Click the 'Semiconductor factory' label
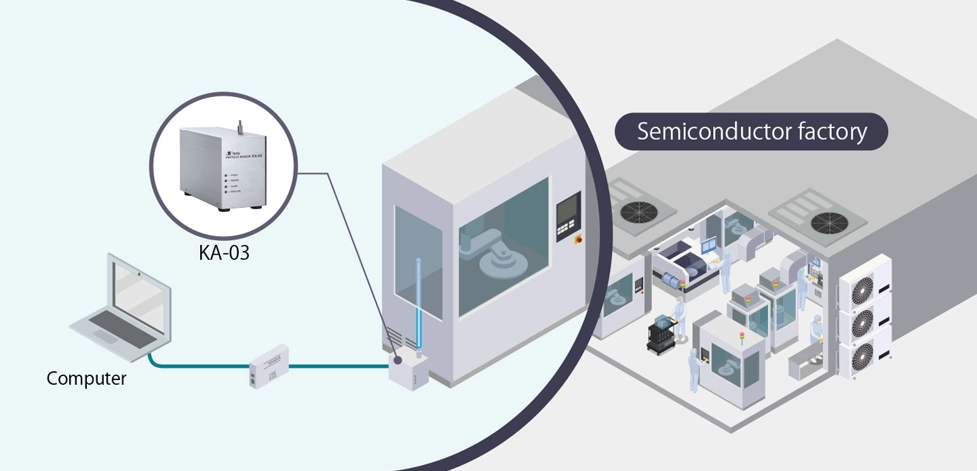tap(751, 132)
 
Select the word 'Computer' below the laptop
tap(86, 378)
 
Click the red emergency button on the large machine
tap(578, 239)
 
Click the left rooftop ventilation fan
tap(640, 211)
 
